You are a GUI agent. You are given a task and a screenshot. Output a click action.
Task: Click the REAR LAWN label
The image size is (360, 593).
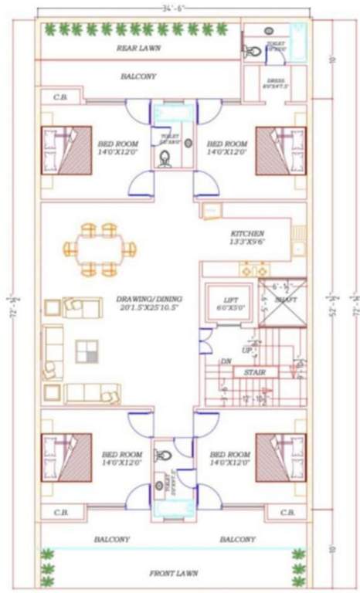(138, 48)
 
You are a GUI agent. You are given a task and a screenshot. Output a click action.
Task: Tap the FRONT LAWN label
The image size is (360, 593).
(174, 573)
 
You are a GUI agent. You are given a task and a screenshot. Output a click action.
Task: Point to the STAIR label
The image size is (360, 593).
(255, 371)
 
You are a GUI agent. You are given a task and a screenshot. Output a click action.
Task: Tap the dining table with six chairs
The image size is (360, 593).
(100, 249)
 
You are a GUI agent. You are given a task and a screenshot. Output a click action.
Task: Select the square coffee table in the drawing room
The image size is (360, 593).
(87, 352)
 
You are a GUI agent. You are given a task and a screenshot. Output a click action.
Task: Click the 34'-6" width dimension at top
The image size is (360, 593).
(173, 8)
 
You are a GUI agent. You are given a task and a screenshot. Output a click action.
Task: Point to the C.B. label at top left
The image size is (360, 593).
(59, 97)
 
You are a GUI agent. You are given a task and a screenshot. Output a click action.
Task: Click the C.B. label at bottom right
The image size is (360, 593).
(287, 512)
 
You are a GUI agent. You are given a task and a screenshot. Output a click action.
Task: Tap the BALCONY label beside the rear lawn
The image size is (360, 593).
(138, 76)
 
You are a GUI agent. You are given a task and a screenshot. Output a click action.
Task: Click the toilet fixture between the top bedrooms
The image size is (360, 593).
(165, 160)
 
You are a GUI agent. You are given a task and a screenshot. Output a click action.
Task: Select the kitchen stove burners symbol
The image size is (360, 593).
(256, 270)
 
